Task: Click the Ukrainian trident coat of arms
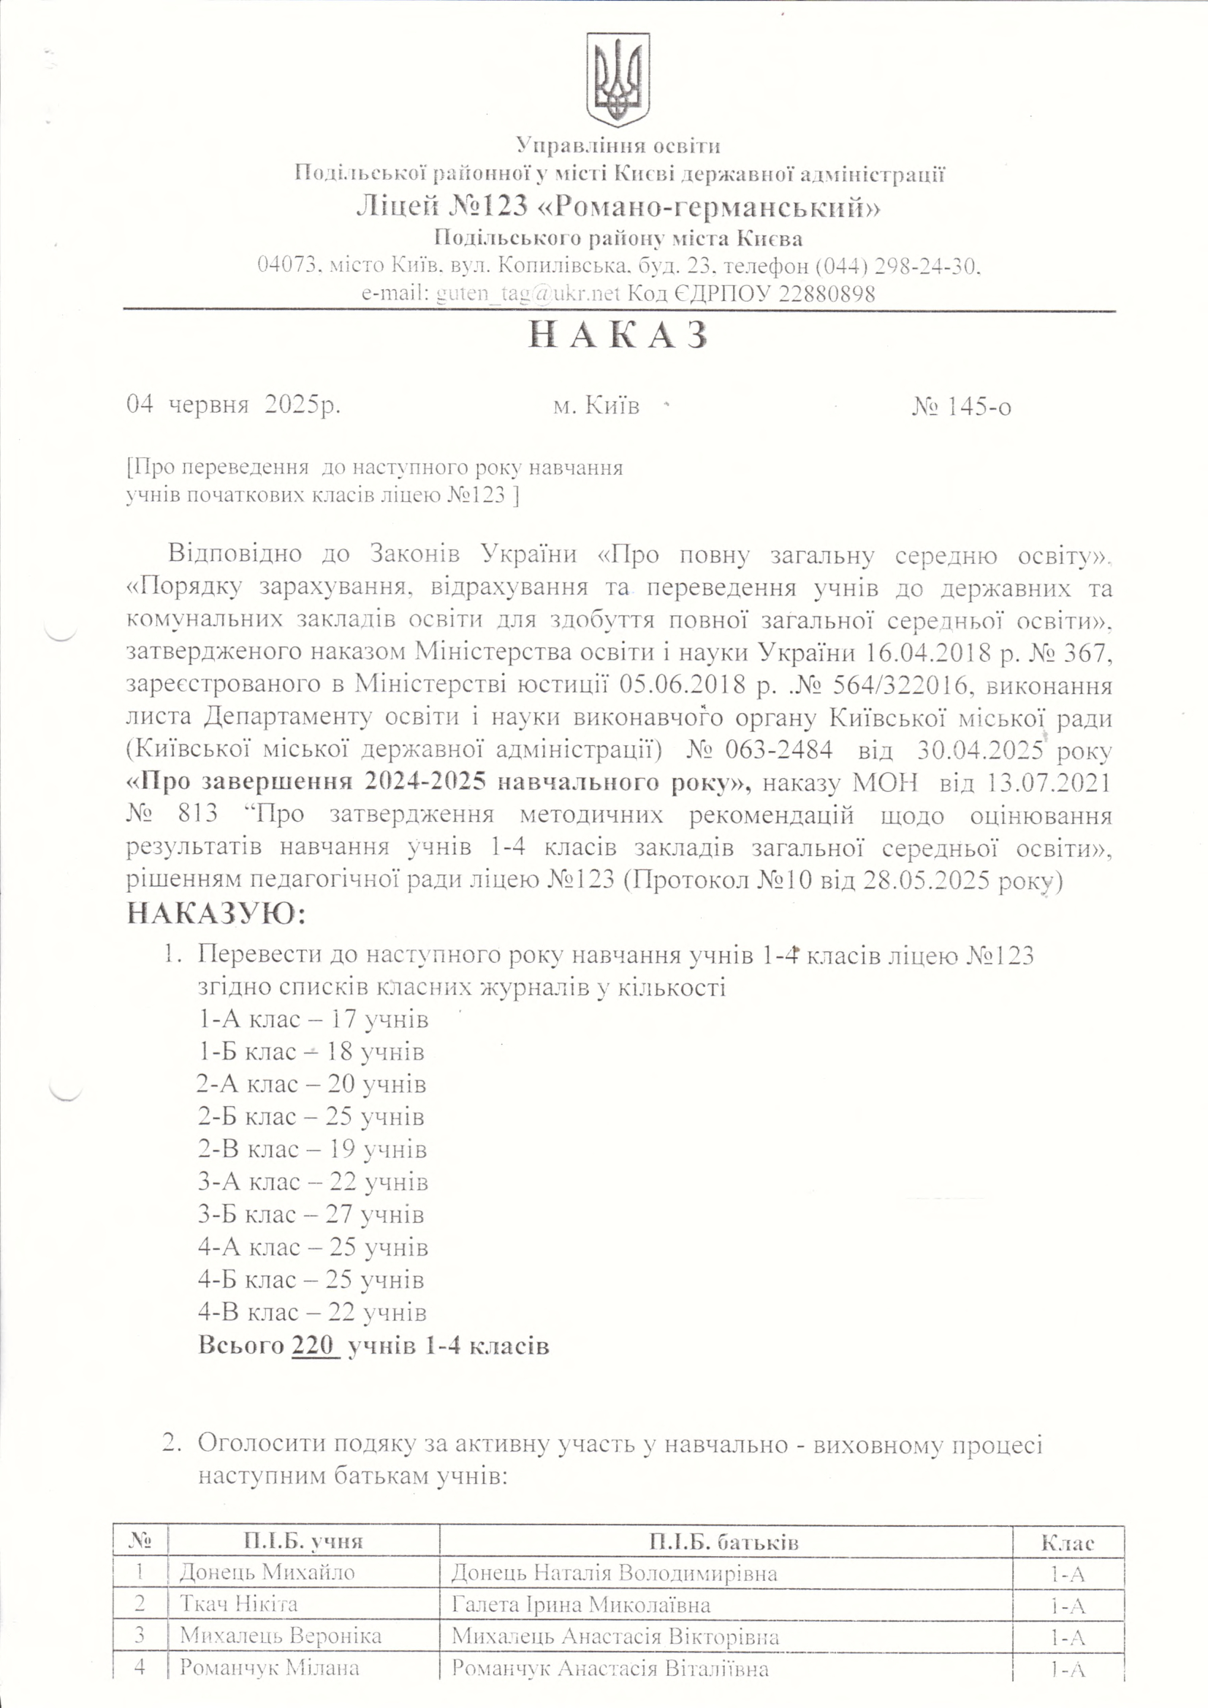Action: click(618, 80)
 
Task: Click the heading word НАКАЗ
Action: click(617, 337)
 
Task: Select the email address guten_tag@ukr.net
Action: click(528, 294)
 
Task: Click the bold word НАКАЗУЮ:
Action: click(216, 913)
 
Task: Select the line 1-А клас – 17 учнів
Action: click(313, 1018)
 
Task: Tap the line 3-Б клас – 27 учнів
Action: click(311, 1215)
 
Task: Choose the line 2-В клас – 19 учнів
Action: click(313, 1149)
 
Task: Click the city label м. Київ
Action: click(596, 406)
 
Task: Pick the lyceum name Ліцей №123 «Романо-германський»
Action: click(617, 205)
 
